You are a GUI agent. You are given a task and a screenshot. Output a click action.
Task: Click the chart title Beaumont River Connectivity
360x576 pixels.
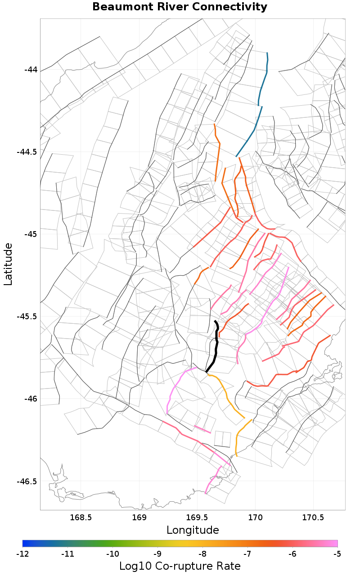click(180, 7)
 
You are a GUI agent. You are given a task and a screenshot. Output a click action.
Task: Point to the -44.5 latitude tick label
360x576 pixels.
click(27, 152)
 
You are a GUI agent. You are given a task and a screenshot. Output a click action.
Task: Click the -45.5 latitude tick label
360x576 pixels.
click(27, 317)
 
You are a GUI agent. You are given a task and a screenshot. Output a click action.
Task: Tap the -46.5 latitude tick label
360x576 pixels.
click(27, 481)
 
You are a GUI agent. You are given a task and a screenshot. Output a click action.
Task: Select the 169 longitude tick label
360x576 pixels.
click(139, 518)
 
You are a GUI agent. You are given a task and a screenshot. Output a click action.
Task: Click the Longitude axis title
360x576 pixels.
click(193, 530)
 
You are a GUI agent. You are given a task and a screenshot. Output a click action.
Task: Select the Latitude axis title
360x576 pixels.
click(8, 264)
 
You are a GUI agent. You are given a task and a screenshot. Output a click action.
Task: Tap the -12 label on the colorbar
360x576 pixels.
click(22, 554)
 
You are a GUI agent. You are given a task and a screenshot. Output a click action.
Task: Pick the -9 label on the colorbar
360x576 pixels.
click(157, 554)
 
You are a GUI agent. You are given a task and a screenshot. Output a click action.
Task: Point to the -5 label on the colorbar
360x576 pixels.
click(337, 554)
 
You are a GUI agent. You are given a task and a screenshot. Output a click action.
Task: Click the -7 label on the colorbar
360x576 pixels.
click(247, 554)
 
